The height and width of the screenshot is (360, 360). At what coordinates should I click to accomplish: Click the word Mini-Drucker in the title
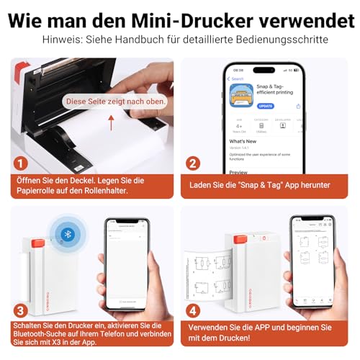click(191, 17)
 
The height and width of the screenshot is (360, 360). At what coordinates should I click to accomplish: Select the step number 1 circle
click(22, 163)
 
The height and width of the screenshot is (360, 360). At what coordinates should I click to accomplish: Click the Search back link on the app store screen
click(237, 78)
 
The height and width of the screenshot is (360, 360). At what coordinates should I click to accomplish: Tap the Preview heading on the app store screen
click(238, 173)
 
